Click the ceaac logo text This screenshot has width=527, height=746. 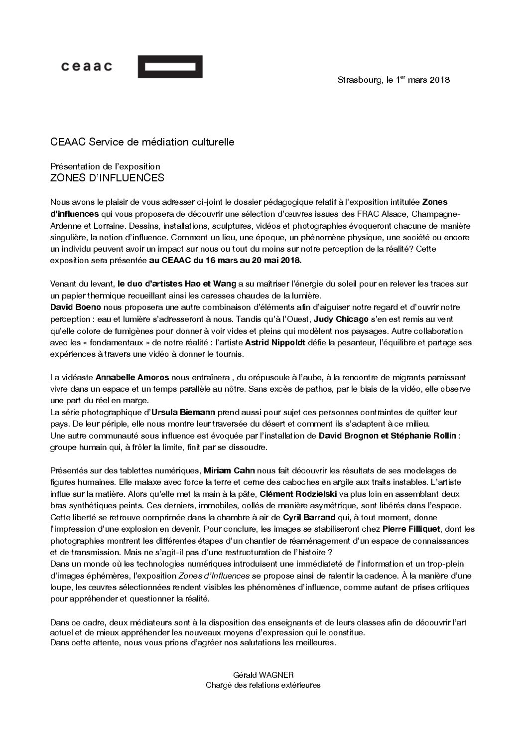[86, 66]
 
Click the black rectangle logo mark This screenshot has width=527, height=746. [170, 67]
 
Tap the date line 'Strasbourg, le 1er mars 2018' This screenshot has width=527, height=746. [394, 80]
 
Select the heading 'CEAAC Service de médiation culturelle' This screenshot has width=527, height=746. [142, 142]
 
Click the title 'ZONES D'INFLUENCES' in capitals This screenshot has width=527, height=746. [107, 177]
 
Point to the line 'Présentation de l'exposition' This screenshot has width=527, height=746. [105, 166]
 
